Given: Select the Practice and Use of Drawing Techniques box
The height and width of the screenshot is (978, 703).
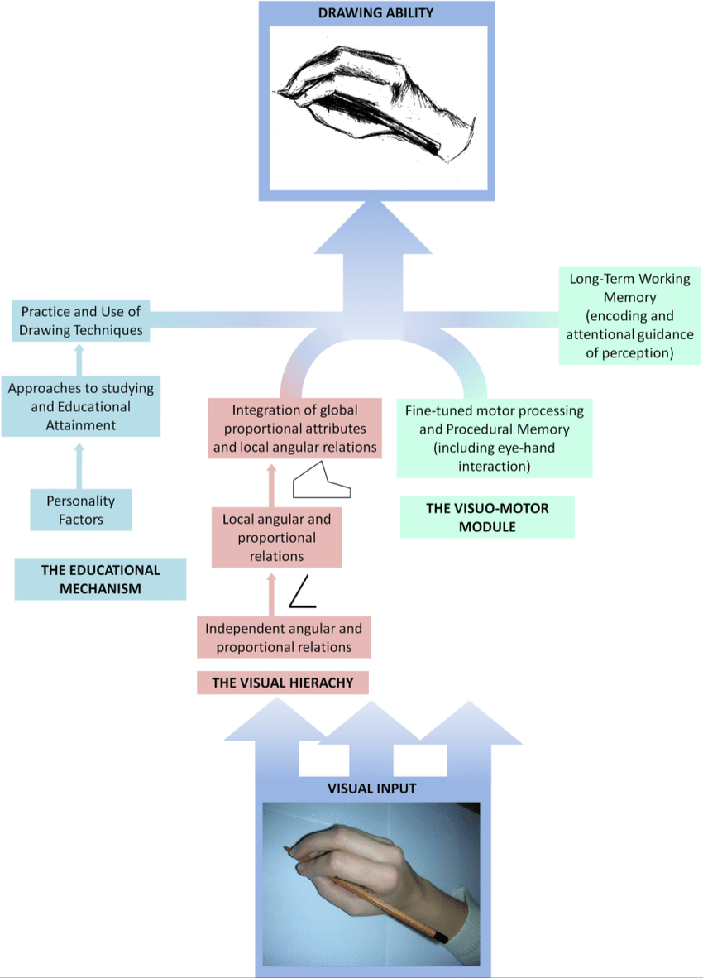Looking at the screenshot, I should [x=82, y=321].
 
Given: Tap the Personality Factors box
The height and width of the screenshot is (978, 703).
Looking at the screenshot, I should [x=80, y=510].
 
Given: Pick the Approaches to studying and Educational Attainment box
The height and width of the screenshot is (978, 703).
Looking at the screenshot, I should [x=80, y=406].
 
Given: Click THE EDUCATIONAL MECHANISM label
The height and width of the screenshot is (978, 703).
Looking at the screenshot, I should [x=100, y=579].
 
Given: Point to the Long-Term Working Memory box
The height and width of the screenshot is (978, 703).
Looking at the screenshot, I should [x=629, y=316].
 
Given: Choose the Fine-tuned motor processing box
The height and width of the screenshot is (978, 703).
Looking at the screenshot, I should [x=494, y=439].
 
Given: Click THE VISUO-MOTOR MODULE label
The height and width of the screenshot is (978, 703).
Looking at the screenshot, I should [x=487, y=517].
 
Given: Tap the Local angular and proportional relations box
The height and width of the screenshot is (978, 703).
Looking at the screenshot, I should [x=276, y=538].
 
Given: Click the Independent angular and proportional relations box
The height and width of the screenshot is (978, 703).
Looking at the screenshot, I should [x=284, y=638].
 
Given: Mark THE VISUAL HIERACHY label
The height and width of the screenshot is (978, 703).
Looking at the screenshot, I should [x=282, y=683].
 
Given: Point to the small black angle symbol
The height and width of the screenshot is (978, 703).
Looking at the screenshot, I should [x=302, y=593].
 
